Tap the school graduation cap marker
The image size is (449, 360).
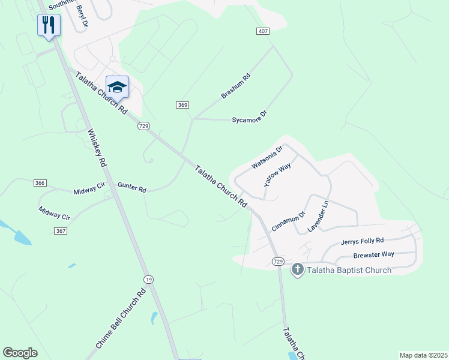tap(118, 86)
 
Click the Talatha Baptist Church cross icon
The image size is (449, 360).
tap(297, 270)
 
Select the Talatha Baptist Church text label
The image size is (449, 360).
tap(349, 270)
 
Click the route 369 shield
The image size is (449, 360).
tap(183, 105)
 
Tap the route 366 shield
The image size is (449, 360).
tap(41, 183)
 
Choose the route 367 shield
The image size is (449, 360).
tap(60, 231)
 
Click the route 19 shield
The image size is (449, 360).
tap(148, 279)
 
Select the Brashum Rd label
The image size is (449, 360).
tap(235, 86)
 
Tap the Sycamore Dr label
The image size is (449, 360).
tap(249, 117)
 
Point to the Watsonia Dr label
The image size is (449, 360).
tap(267, 157)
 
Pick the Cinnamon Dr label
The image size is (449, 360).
tap(289, 220)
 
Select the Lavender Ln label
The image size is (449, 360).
tap(319, 217)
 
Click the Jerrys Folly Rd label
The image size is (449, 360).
tap(362, 241)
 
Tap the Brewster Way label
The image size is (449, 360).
tap(373, 254)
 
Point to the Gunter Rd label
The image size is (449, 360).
tap(132, 188)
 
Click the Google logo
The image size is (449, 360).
tap(20, 353)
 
